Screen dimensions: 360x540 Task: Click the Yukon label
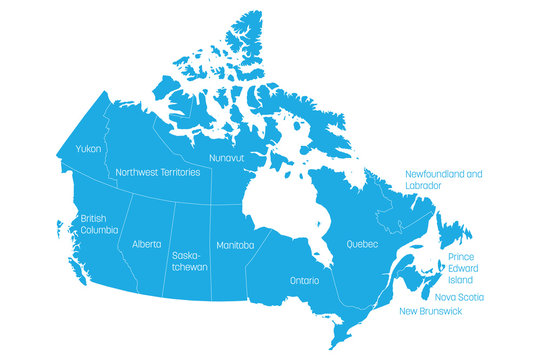tap(87, 150)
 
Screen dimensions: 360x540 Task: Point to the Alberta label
tap(146, 244)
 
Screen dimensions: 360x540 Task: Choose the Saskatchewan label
tap(191, 261)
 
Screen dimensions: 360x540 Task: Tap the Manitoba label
tap(234, 245)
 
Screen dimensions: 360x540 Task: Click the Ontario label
tap(305, 281)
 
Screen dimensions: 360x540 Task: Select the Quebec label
tap(362, 244)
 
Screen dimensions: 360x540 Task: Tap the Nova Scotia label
tap(459, 297)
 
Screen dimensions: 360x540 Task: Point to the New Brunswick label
tap(431, 312)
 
